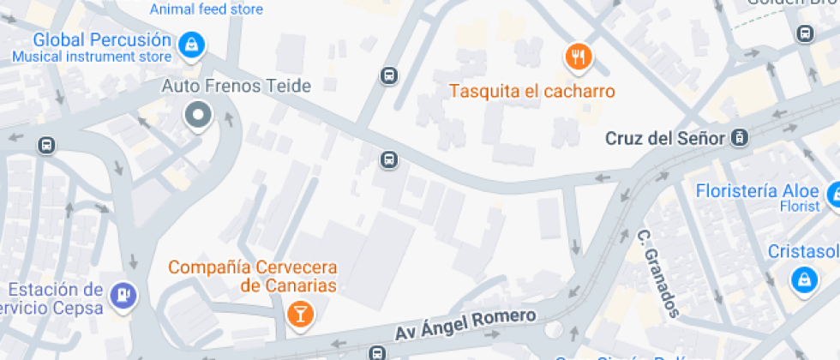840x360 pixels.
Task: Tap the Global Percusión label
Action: (x=102, y=39)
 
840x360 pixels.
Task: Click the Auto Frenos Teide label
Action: (x=237, y=86)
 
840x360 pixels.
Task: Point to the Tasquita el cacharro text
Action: (x=532, y=91)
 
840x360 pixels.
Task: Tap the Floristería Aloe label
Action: (x=755, y=190)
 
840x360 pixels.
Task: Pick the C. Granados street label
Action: (x=658, y=273)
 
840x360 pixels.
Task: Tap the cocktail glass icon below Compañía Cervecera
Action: (x=300, y=313)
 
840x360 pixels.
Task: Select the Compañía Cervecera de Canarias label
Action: (x=252, y=276)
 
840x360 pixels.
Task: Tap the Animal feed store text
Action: (x=206, y=10)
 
